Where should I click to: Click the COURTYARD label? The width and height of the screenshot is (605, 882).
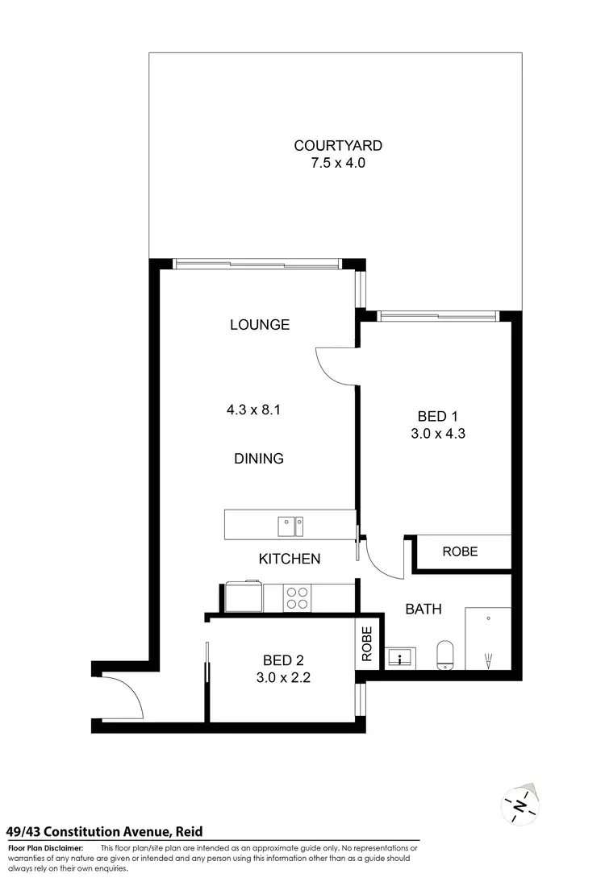(x=337, y=146)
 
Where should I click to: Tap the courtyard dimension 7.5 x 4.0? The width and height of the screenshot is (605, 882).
(x=337, y=164)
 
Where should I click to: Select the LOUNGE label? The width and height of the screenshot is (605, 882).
(x=259, y=325)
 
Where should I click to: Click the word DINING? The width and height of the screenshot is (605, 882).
(x=259, y=459)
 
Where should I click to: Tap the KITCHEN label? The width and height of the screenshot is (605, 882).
(x=290, y=559)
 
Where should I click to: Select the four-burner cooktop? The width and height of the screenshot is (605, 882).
(x=297, y=597)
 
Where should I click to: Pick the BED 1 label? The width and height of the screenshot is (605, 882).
(x=437, y=417)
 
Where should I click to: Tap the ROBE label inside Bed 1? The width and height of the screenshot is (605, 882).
(x=460, y=552)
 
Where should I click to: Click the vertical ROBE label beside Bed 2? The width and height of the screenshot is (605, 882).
(x=368, y=644)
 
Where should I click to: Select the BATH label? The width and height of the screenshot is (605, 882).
(x=423, y=609)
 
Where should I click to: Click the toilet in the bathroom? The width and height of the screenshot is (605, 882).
(x=445, y=654)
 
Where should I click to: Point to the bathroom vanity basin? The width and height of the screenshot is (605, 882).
(x=399, y=658)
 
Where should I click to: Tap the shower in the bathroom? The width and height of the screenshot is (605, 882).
(x=487, y=639)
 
